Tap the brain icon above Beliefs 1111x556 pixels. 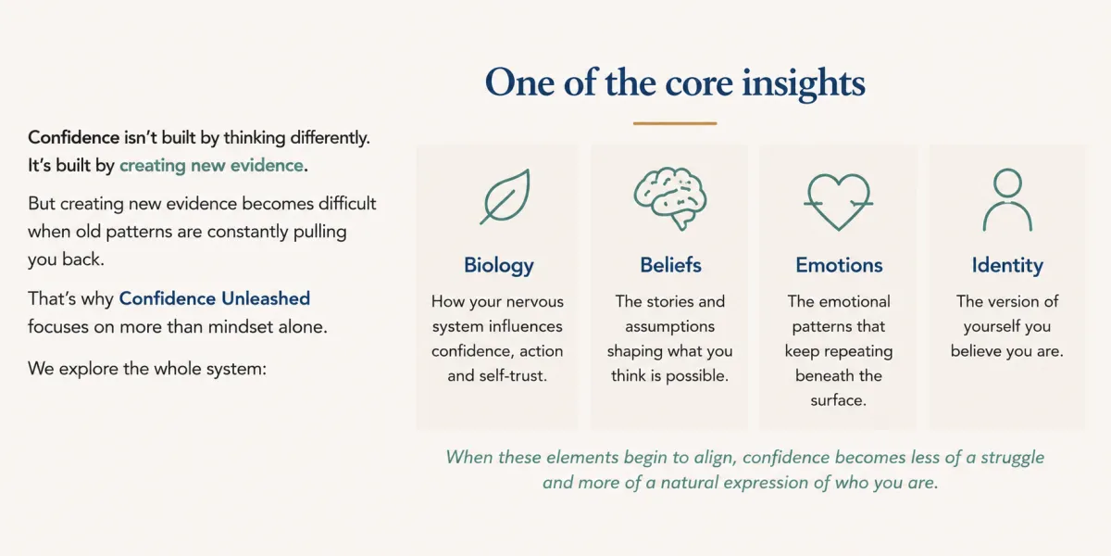tap(670, 198)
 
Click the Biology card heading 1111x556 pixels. tap(498, 266)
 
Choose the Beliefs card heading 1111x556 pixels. tap(670, 265)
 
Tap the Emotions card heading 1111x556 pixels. tap(839, 265)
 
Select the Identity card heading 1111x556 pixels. tap(1007, 266)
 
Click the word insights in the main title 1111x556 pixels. tap(804, 83)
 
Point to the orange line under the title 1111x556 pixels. tap(675, 123)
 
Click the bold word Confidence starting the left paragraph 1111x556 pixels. tap(73, 137)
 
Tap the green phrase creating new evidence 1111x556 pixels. tap(211, 165)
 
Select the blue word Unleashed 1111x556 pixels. tap(266, 298)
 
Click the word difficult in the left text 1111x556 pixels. tap(347, 204)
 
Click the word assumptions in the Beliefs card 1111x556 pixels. tap(669, 326)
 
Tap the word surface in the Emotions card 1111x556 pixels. tap(838, 400)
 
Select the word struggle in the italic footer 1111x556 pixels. tap(1012, 458)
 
